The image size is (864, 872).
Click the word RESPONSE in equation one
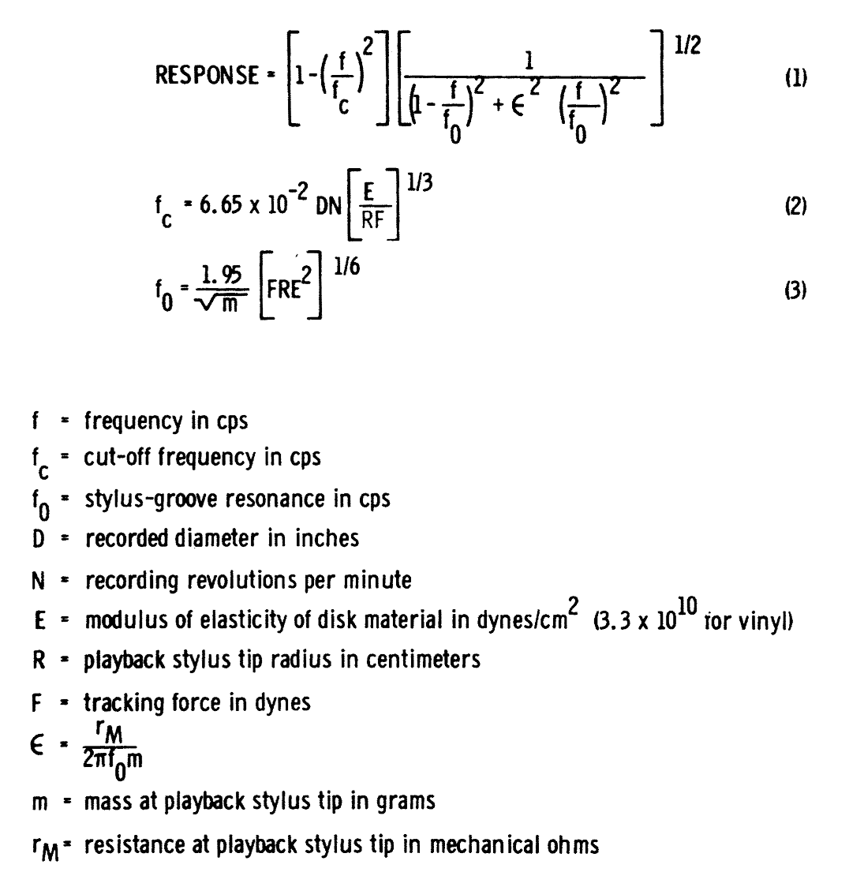pyautogui.click(x=208, y=75)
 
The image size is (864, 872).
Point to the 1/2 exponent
pyautogui.click(x=687, y=47)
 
